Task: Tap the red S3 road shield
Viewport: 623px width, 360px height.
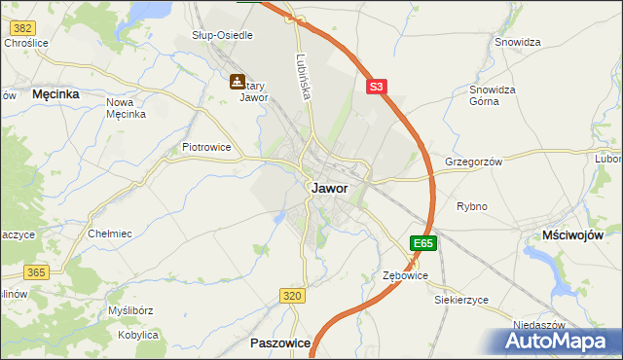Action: (x=378, y=87)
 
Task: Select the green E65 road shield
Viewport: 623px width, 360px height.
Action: (x=422, y=243)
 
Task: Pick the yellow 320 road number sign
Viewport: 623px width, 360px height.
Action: (x=291, y=295)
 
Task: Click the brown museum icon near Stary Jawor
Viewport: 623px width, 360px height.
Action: (x=237, y=83)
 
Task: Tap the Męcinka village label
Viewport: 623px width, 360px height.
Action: (x=55, y=94)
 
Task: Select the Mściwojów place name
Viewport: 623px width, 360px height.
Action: (x=573, y=235)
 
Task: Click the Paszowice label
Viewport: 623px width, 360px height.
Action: (x=280, y=343)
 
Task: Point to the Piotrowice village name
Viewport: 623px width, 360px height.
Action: (x=205, y=147)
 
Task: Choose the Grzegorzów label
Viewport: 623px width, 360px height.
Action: (x=473, y=162)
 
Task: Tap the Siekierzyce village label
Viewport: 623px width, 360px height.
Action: (x=461, y=300)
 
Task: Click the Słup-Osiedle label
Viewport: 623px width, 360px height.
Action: (x=222, y=35)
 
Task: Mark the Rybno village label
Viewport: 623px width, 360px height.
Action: (x=471, y=206)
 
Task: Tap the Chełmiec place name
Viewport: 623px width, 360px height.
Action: (x=110, y=234)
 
